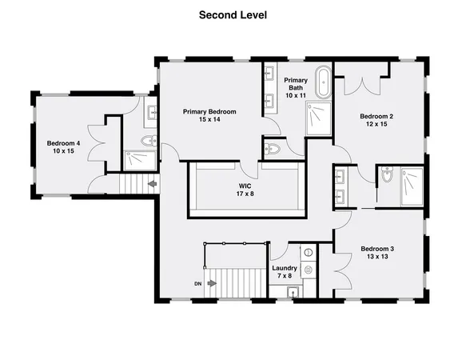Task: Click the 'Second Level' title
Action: click(233, 14)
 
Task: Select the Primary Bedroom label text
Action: click(209, 116)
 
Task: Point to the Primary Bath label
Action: click(296, 86)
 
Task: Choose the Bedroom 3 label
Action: click(378, 253)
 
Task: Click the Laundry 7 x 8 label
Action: click(284, 272)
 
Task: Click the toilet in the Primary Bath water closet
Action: click(274, 147)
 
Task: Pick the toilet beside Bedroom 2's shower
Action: click(387, 177)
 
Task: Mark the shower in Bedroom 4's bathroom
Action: click(141, 160)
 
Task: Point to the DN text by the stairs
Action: click(197, 282)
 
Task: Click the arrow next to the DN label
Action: click(212, 282)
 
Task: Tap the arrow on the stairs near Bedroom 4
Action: click(152, 184)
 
